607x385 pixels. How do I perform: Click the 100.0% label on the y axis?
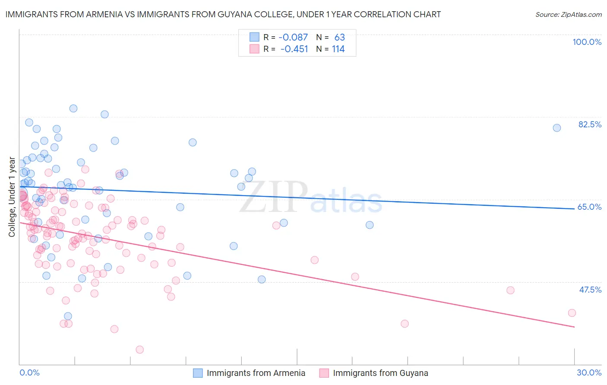coord(587,42)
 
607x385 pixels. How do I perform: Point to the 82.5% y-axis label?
coord(590,124)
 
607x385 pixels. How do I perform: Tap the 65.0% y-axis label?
coord(589,207)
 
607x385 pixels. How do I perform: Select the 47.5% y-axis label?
coord(590,290)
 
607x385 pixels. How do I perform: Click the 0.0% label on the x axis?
coord(29,372)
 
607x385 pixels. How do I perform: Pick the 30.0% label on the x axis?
coord(589,372)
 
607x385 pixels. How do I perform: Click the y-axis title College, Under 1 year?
coord(12,197)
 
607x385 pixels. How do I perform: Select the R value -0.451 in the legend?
coord(294,49)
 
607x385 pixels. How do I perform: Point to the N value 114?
coord(338,49)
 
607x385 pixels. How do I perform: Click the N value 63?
coord(339,38)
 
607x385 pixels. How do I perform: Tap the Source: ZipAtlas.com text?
coord(568,15)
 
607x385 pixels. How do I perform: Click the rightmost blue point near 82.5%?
coord(557,128)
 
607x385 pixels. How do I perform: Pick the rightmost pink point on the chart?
coord(572,313)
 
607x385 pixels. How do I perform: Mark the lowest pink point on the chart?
coord(139,350)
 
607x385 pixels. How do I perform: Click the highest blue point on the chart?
coord(73,108)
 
